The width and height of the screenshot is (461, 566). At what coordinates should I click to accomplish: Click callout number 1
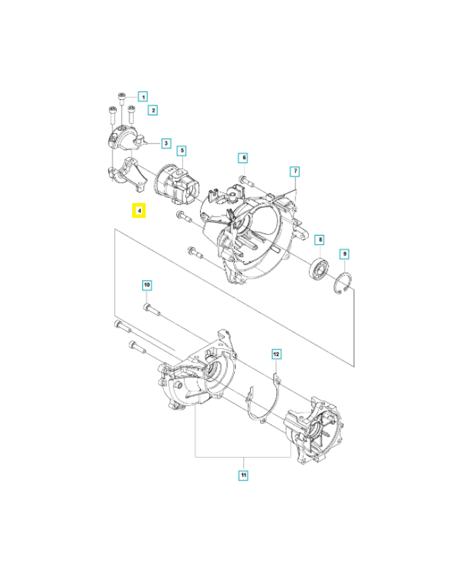142,96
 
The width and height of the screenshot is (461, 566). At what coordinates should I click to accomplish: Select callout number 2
152,110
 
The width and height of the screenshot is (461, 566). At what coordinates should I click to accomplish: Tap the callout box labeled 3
165,143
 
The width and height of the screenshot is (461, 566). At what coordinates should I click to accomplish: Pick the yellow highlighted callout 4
140,211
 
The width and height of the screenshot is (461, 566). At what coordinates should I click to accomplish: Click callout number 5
181,151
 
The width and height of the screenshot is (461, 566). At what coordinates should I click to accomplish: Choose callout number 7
295,171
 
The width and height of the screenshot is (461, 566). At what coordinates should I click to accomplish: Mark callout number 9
344,253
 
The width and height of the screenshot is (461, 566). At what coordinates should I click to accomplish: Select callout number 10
147,285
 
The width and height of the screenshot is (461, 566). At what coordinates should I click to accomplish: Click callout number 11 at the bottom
243,475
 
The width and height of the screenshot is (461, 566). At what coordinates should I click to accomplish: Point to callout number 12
276,352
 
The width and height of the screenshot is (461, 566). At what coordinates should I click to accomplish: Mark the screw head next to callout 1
122,96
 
